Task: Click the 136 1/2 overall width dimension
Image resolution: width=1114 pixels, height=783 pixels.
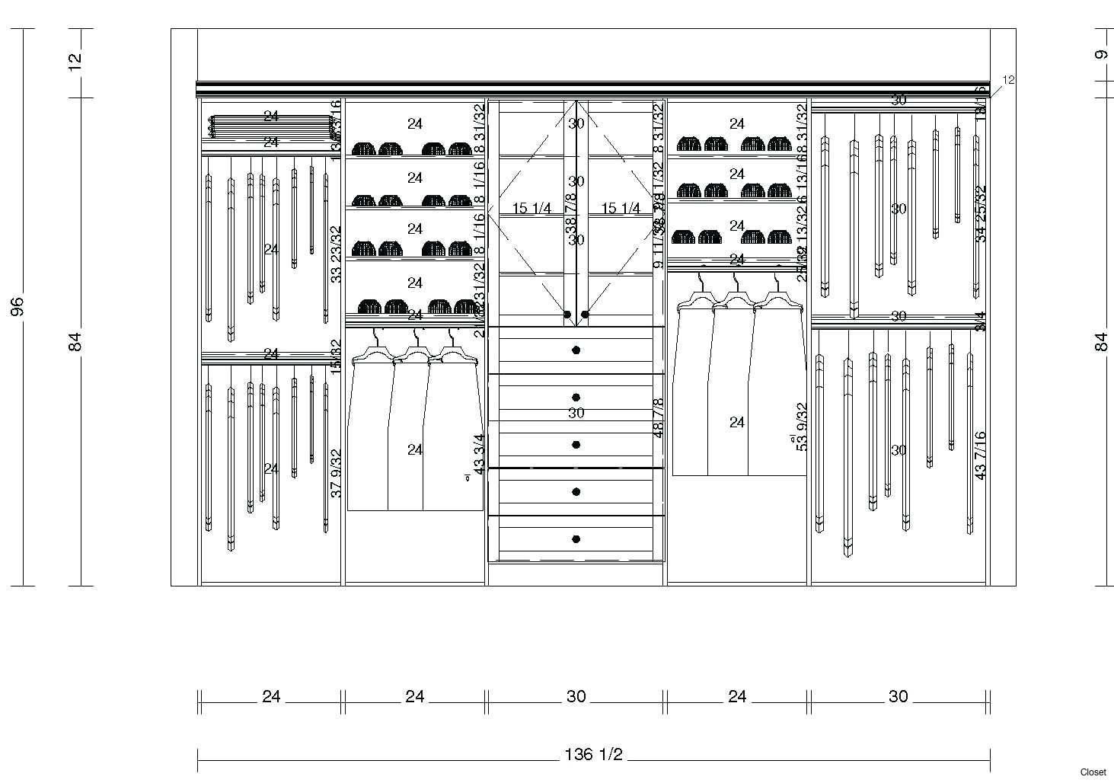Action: coord(594,755)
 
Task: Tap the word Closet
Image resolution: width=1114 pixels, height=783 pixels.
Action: coord(1093,772)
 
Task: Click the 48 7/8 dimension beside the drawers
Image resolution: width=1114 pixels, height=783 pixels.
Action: coord(659,417)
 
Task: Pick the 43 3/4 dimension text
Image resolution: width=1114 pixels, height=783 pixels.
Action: coord(480,455)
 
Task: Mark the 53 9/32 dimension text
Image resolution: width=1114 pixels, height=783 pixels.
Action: coord(802,427)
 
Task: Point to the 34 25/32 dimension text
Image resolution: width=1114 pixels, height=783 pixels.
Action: coord(981,214)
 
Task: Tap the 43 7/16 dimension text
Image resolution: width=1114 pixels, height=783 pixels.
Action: coord(981,455)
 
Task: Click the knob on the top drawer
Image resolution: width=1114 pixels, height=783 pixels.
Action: coord(576,350)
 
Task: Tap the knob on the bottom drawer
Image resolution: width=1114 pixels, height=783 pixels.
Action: coord(576,539)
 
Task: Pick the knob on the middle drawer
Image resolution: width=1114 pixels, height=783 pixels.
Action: coord(576,445)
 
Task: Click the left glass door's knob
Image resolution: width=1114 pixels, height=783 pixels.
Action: coord(567,315)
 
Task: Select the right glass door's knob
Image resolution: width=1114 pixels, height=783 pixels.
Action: coord(585,315)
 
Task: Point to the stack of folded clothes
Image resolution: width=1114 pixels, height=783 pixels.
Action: coord(271,126)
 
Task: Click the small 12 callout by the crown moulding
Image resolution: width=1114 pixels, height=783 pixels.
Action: coord(1009,80)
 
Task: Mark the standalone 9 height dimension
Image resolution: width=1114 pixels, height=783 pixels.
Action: coord(1100,55)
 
